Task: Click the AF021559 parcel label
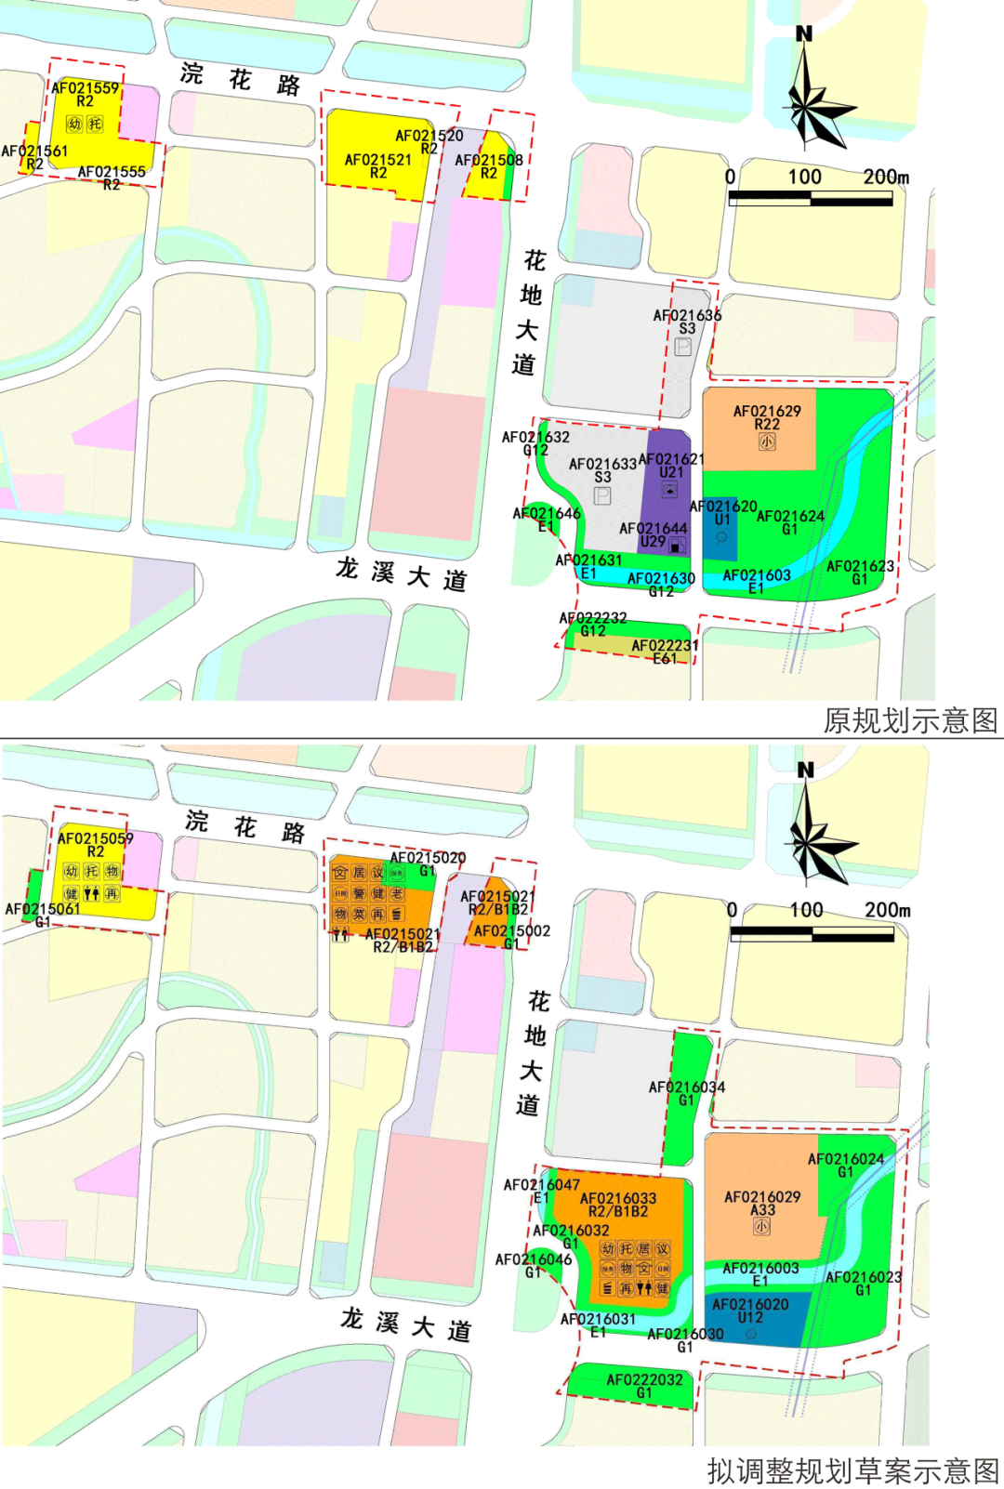coord(86,88)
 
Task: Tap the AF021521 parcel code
coord(378,160)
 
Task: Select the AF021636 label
coord(687,315)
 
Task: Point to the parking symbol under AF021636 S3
coord(683,347)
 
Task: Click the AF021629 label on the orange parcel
coord(767,411)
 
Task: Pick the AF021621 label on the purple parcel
coord(671,459)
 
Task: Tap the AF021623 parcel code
coord(860,566)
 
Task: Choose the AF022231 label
coord(665,646)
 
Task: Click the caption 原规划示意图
coord(910,720)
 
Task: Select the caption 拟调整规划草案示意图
coord(852,1470)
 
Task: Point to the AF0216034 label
coord(687,1087)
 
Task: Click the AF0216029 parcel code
coord(762,1197)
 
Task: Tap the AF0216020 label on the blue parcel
coord(750,1304)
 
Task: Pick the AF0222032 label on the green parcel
coord(644,1379)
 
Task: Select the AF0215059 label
coord(96,838)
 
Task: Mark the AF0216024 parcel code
coord(846,1159)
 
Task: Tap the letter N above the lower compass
coord(805,771)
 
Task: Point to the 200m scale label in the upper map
coord(886,177)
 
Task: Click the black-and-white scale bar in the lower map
coord(812,934)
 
